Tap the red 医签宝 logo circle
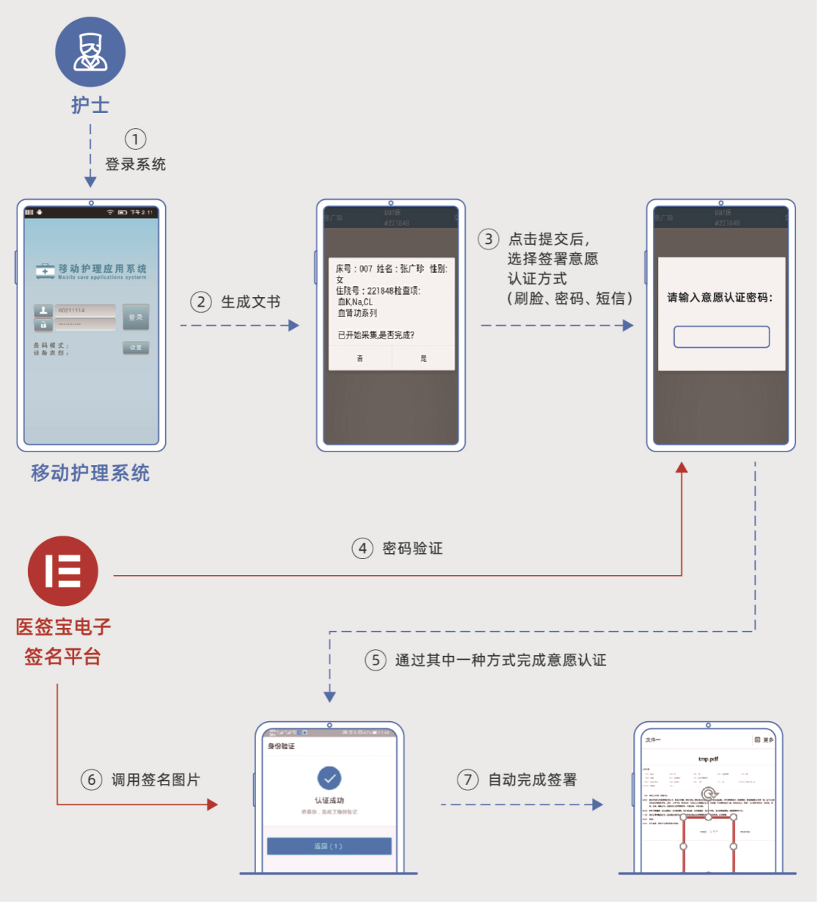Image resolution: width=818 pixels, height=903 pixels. click(x=63, y=571)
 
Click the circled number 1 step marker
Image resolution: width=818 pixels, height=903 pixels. click(x=136, y=139)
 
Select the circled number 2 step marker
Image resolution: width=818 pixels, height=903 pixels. click(x=201, y=302)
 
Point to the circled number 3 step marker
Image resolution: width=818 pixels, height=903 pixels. click(x=489, y=239)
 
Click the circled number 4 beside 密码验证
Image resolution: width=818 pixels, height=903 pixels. click(x=363, y=548)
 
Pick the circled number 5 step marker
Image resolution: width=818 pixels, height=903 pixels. click(x=376, y=660)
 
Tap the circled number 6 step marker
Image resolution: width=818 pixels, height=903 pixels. click(x=92, y=780)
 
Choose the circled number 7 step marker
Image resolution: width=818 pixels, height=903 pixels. click(x=468, y=780)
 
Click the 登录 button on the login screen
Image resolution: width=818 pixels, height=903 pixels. click(x=136, y=317)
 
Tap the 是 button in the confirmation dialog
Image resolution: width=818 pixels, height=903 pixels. click(x=423, y=358)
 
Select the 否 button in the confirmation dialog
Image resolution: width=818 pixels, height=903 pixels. click(x=360, y=358)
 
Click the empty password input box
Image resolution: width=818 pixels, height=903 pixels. click(x=721, y=337)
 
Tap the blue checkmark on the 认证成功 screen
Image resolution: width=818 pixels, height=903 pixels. click(x=329, y=778)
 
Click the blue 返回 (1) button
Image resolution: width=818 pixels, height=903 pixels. click(x=329, y=846)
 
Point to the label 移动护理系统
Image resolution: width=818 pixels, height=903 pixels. click(x=90, y=473)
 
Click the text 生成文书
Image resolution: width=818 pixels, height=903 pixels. click(x=251, y=302)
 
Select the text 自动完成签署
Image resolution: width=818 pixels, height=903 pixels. click(x=532, y=780)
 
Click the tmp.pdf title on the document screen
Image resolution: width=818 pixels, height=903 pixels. click(x=707, y=758)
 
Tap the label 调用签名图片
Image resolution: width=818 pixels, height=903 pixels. click(x=155, y=780)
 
